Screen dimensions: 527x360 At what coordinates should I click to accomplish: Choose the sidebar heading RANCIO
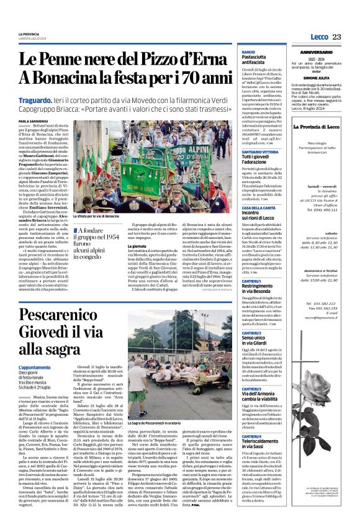point(248,52)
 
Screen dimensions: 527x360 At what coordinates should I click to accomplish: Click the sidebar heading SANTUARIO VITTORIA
point(260,151)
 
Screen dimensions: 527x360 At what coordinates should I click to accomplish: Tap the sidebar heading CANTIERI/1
point(251,263)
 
